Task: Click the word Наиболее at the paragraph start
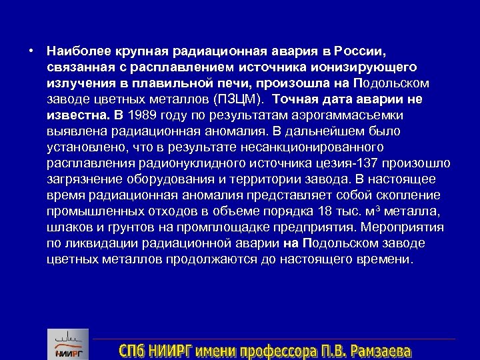[x=75, y=51]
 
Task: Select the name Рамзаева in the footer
[x=380, y=349]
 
